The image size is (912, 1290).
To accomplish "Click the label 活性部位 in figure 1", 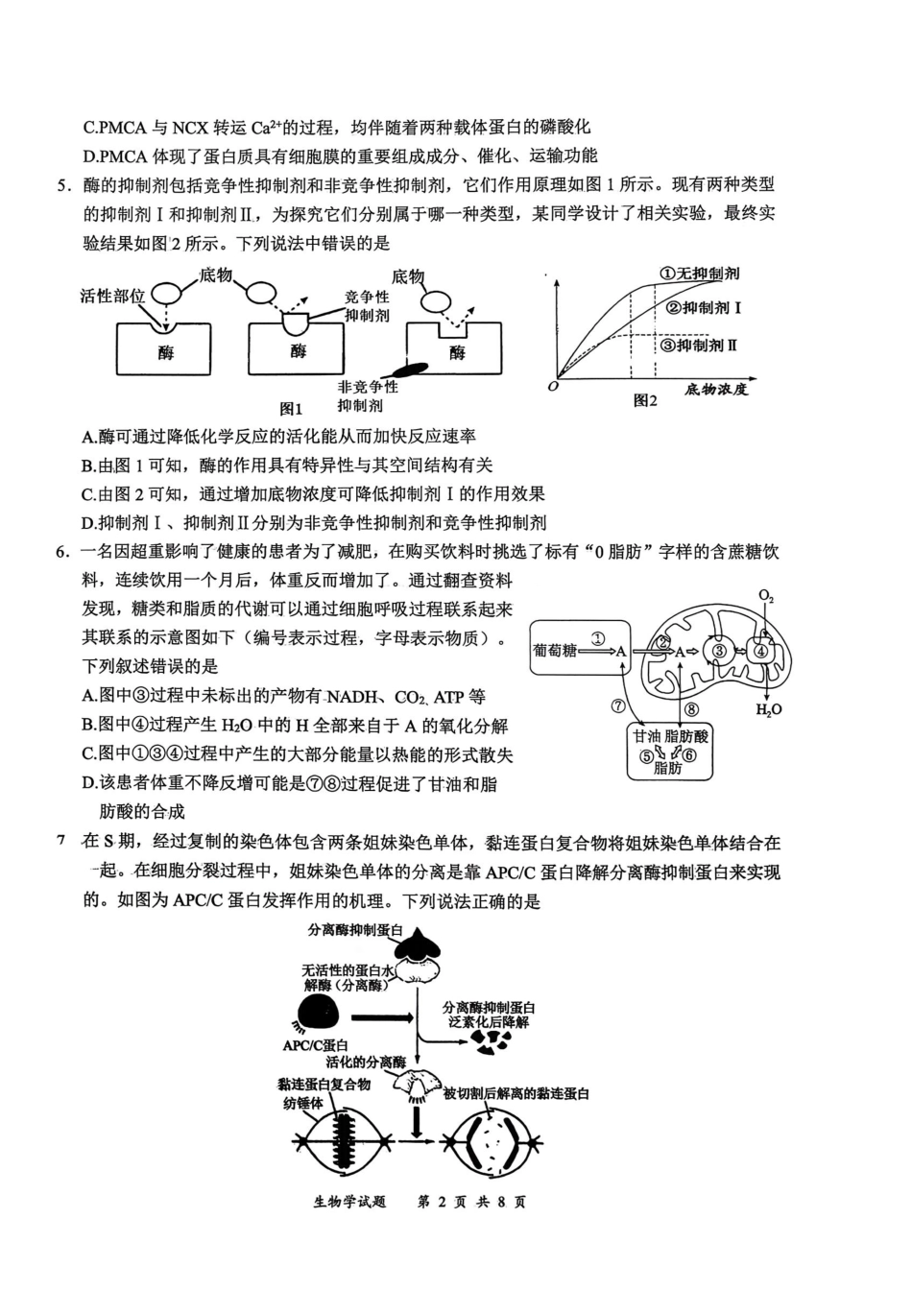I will click(x=112, y=296).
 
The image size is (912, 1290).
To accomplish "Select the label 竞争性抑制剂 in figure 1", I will click(x=368, y=306).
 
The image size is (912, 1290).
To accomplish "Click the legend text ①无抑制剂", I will click(x=699, y=274).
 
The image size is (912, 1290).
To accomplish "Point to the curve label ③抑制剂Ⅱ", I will click(x=698, y=345).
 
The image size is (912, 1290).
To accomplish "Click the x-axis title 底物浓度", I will click(x=716, y=390).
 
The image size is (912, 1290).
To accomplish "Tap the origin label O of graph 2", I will click(x=552, y=387).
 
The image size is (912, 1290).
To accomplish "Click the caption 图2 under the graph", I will click(x=645, y=401).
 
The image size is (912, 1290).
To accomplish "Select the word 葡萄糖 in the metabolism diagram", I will click(x=555, y=651).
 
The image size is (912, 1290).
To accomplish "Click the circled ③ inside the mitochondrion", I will click(x=717, y=651).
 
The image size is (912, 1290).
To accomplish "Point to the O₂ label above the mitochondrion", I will click(x=766, y=596).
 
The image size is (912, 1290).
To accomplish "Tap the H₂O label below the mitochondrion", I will click(x=769, y=709).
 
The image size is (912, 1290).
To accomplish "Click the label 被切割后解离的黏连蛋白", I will click(x=516, y=1094).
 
